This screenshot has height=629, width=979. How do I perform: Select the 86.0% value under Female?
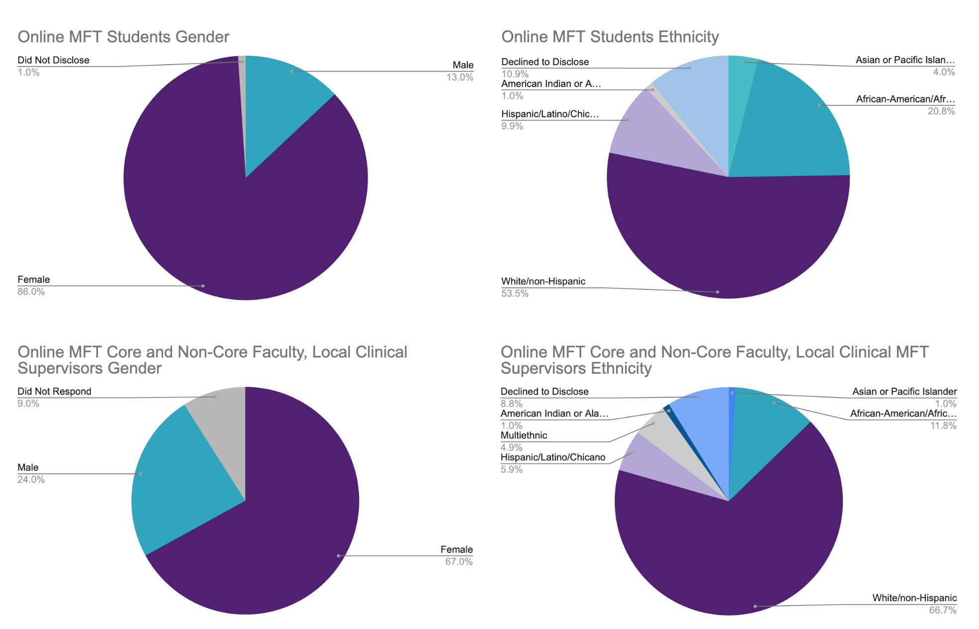tap(31, 292)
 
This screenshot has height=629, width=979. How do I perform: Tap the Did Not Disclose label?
tap(53, 60)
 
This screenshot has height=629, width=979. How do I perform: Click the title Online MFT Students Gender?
tap(123, 37)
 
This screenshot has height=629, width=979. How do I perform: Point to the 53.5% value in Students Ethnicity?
tap(515, 293)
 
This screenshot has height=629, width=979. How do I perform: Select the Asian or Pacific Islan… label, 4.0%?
tap(905, 60)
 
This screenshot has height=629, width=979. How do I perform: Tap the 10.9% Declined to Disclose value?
tap(515, 74)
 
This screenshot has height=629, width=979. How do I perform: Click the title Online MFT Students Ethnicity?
tap(610, 37)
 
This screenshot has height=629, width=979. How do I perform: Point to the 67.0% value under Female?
tap(458, 562)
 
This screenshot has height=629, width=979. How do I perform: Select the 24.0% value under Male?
tap(31, 480)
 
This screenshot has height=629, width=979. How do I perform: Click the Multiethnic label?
tap(524, 436)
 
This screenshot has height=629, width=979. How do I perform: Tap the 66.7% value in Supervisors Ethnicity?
tap(942, 610)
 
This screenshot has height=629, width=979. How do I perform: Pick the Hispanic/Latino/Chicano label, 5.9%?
tap(552, 457)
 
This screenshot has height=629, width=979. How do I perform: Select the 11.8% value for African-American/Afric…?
tap(943, 426)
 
